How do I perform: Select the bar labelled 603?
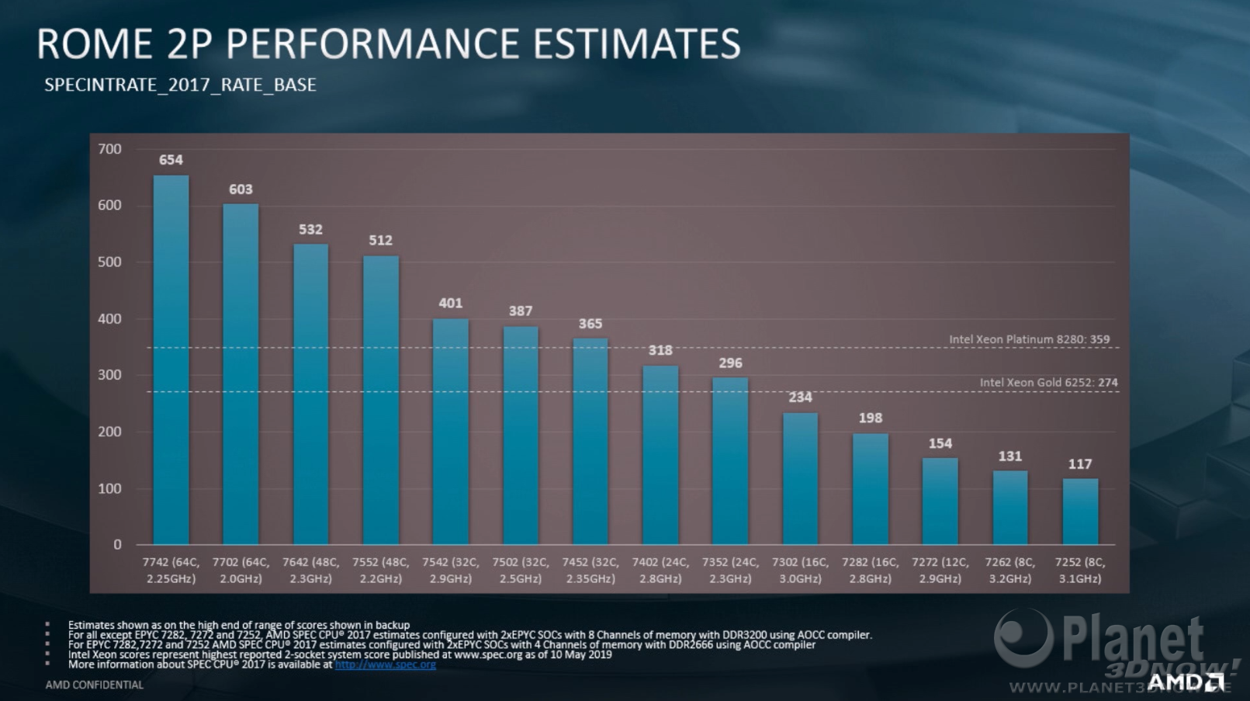241,374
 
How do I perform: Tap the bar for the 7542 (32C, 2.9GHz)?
450,432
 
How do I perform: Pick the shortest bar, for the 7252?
1080,512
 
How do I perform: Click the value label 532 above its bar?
310,230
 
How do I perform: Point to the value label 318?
660,351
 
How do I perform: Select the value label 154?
940,444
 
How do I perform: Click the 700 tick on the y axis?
109,149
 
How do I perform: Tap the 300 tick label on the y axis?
109,375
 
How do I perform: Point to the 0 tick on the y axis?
117,545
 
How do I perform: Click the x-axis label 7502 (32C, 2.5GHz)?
520,571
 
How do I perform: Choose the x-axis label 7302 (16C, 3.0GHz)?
800,571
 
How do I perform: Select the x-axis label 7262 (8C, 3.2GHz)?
1009,571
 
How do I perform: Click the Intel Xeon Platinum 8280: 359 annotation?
1029,340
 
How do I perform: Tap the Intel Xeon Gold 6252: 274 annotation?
1048,383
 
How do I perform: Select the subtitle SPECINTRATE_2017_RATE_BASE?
180,85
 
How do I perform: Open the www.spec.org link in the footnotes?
385,665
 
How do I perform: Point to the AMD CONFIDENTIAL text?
94,685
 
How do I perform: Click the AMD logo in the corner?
1184,682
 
